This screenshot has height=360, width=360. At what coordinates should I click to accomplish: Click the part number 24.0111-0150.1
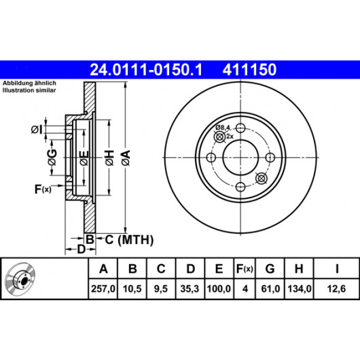click(x=146, y=70)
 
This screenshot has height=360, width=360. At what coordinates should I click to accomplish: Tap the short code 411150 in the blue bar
click(x=249, y=70)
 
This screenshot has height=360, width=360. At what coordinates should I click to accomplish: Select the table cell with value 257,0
click(x=103, y=289)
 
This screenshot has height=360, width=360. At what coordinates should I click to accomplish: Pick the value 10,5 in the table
click(x=132, y=289)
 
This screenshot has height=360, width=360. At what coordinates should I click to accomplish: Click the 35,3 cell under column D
click(x=190, y=289)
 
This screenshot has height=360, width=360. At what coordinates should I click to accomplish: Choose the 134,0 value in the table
click(x=300, y=289)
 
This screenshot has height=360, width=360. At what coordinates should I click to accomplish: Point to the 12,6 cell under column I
click(x=336, y=289)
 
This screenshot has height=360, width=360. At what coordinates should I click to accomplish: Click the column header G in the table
click(x=270, y=268)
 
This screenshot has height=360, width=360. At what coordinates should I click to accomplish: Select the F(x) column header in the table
click(x=245, y=268)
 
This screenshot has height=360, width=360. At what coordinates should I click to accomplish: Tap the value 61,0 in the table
click(x=270, y=289)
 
